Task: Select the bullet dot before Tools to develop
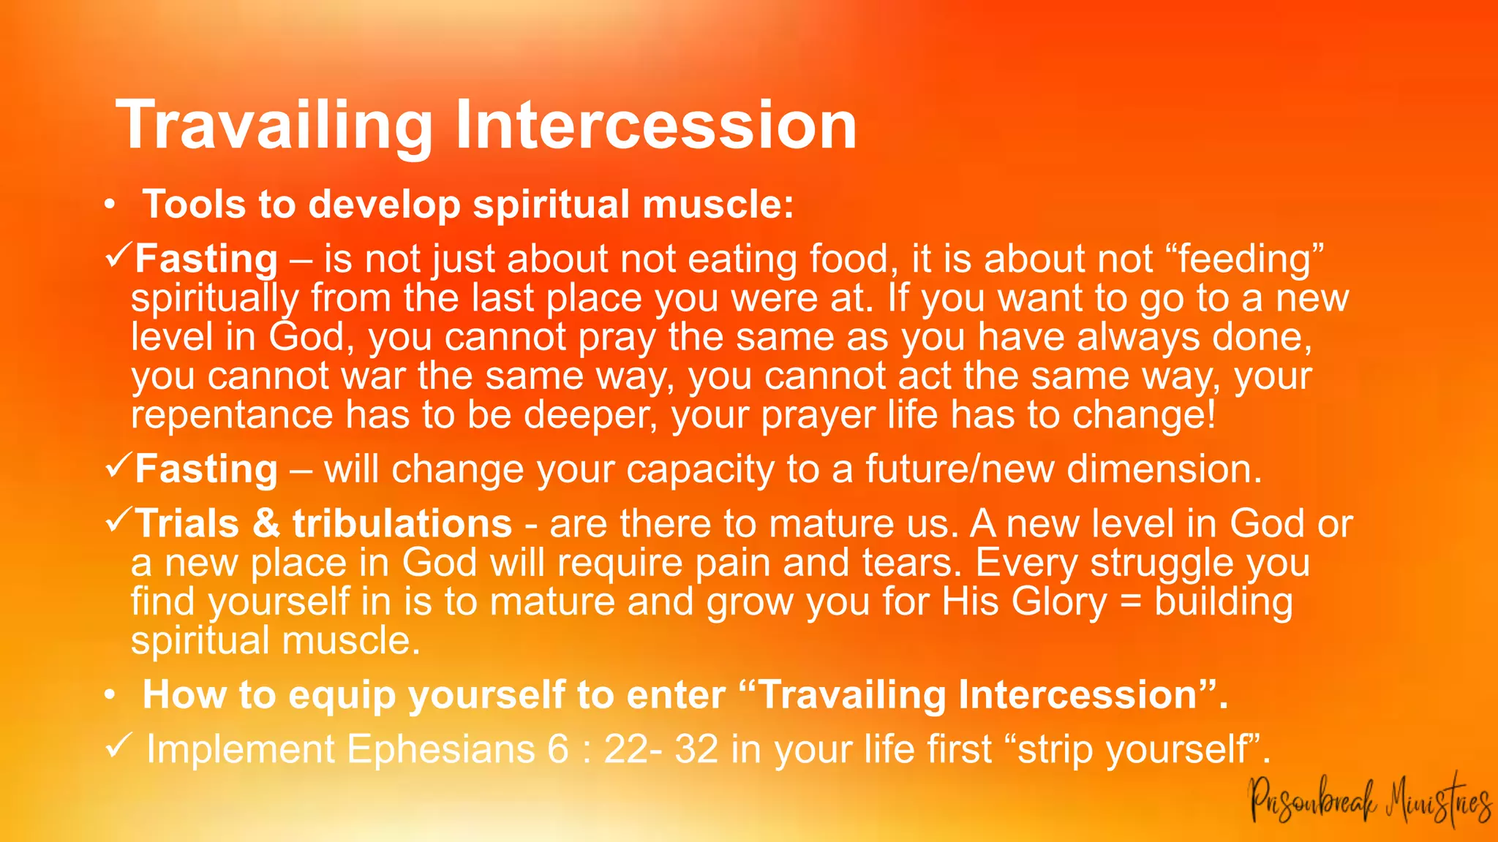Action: [109, 205]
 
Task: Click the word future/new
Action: [960, 469]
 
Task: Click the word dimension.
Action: [1164, 469]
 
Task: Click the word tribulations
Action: [402, 523]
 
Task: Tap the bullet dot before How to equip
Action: [109, 697]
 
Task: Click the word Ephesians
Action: [440, 749]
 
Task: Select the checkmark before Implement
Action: [118, 746]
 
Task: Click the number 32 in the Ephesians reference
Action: [696, 749]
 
